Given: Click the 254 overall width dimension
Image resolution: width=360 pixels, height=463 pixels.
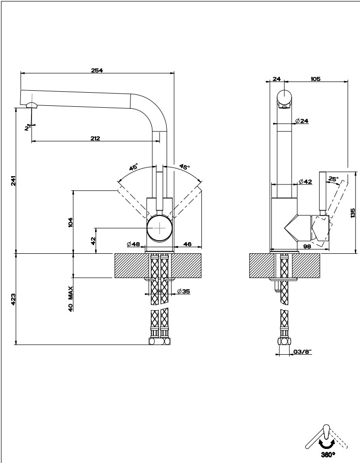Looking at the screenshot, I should point(97,70).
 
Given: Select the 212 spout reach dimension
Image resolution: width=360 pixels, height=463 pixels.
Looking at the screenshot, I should point(95,138).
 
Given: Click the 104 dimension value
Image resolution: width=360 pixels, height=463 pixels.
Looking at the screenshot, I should point(70,222).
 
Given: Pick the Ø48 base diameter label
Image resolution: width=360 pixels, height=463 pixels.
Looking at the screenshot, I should point(133,244).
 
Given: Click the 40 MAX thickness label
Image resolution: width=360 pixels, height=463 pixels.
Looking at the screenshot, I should point(70,298).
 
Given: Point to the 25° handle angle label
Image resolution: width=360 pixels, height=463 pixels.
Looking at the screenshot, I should point(333,179).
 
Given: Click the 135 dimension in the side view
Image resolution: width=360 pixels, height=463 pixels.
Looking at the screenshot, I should point(353,213).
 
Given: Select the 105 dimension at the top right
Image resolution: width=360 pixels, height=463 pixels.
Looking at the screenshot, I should point(315,79).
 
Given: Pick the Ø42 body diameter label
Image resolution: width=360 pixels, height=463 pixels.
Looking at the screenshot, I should point(305,182).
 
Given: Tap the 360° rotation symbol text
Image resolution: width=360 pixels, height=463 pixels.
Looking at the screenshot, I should point(328,455).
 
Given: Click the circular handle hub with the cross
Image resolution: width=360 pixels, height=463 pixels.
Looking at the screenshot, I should point(160,228).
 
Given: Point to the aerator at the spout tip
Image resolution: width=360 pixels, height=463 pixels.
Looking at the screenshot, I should point(32,105).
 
